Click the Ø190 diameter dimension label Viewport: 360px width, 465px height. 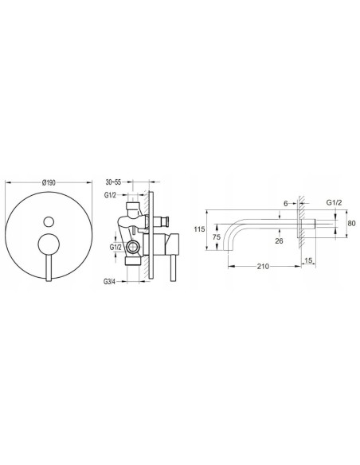pyautogui.click(x=49, y=182)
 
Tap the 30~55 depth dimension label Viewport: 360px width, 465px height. pyautogui.click(x=113, y=182)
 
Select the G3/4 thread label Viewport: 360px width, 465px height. pyautogui.click(x=109, y=281)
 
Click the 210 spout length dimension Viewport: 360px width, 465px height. pyautogui.click(x=264, y=266)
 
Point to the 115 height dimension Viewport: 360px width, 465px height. pyautogui.click(x=200, y=229)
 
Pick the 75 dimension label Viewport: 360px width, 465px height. pyautogui.click(x=217, y=237)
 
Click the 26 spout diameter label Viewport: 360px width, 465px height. pyautogui.click(x=279, y=240)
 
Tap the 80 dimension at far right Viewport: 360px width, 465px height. pyautogui.click(x=352, y=223)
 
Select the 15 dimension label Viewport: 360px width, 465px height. pyautogui.click(x=308, y=260)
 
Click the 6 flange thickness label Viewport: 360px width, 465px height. pyautogui.click(x=286, y=204)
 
